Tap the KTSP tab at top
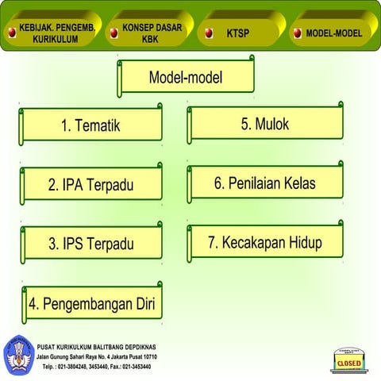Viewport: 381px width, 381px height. click(238, 33)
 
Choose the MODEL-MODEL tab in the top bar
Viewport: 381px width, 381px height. click(333, 33)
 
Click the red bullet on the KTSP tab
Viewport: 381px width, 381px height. click(208, 33)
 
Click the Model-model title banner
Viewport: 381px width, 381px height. click(186, 78)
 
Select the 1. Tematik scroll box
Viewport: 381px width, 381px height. click(90, 125)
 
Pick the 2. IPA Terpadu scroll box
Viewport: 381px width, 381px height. click(90, 185)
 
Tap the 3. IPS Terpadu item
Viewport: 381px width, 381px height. click(90, 244)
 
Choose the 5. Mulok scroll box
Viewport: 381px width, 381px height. click(265, 124)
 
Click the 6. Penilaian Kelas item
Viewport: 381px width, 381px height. click(265, 183)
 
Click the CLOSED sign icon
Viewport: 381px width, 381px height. click(349, 362)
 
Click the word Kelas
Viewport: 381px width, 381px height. click(296, 183)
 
